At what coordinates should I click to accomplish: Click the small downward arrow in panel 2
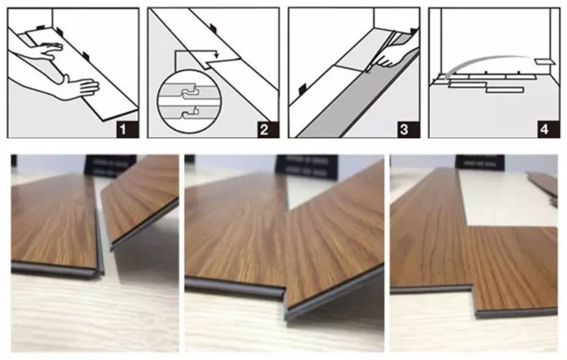[216, 59]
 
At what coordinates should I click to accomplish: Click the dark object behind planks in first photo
[109, 165]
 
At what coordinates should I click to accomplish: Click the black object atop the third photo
[479, 162]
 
